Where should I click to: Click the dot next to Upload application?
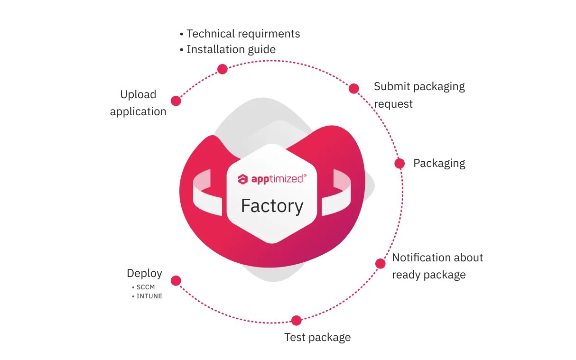pos(176,101)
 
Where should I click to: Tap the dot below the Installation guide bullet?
pos(222,69)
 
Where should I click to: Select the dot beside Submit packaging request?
pos(353,88)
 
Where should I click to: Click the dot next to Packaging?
pos(399,163)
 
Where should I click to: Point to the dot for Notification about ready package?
pos(380,264)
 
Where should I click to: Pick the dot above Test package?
pos(297,321)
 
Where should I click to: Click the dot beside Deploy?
pos(176,281)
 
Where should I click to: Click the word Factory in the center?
pos(272,206)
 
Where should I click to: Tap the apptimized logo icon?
pos(243,179)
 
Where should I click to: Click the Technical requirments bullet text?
pos(243,34)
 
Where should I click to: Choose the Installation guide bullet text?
pos(231,49)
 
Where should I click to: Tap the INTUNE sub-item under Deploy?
pos(149,296)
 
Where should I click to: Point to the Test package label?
pos(317,337)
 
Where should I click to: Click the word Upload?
pos(138,94)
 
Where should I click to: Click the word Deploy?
pos(144,273)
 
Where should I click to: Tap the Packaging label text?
pos(439,163)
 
